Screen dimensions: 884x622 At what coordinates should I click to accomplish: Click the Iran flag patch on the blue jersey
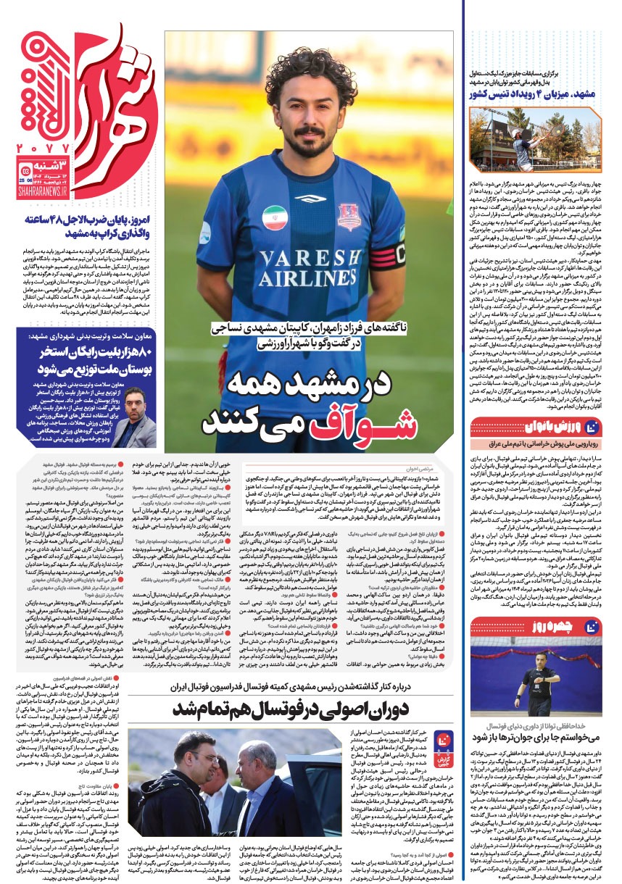click(273, 218)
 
